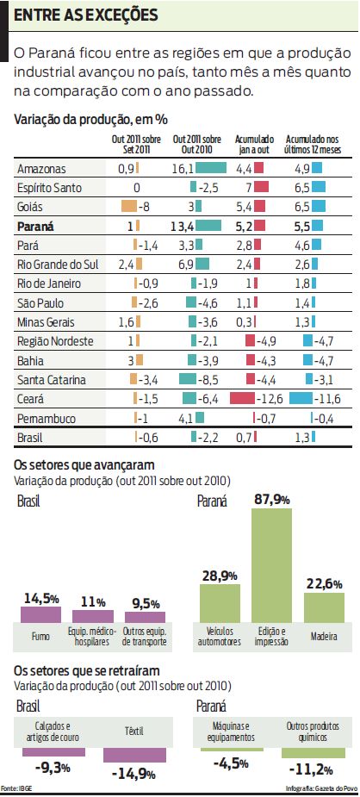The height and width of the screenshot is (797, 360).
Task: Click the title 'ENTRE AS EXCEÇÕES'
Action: tap(86, 16)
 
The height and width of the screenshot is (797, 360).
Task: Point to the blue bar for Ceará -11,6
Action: tap(301, 398)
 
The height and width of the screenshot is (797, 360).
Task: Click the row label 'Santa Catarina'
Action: tap(51, 379)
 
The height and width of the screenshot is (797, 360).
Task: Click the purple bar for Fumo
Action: tap(43, 614)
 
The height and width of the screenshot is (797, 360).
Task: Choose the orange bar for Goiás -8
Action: tap(130, 207)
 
